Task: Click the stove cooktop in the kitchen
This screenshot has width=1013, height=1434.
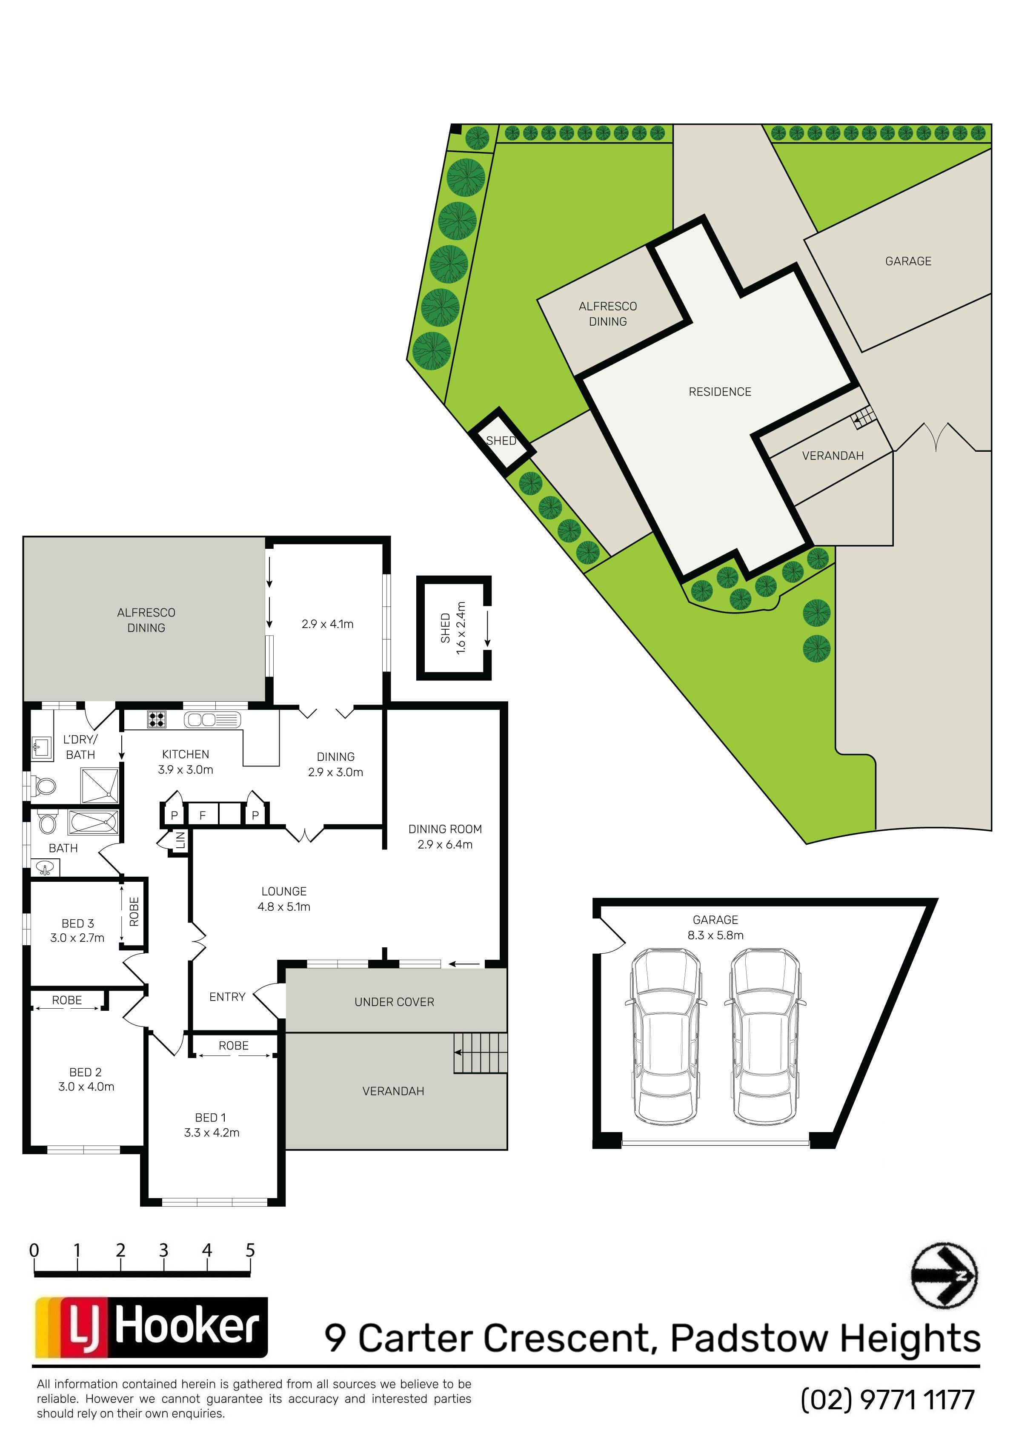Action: (157, 720)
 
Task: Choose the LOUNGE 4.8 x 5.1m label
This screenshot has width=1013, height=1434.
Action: (284, 899)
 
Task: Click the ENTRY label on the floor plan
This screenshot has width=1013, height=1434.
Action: (227, 997)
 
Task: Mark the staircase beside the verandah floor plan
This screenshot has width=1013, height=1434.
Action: (480, 1053)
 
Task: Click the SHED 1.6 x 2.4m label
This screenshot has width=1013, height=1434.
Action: (453, 628)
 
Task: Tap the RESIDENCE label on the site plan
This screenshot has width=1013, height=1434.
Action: (720, 392)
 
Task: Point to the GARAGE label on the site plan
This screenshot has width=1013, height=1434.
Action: (908, 261)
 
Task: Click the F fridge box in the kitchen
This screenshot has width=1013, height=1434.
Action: (202, 815)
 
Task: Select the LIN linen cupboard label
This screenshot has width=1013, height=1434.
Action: (180, 840)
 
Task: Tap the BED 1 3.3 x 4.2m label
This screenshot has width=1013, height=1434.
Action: (212, 1125)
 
